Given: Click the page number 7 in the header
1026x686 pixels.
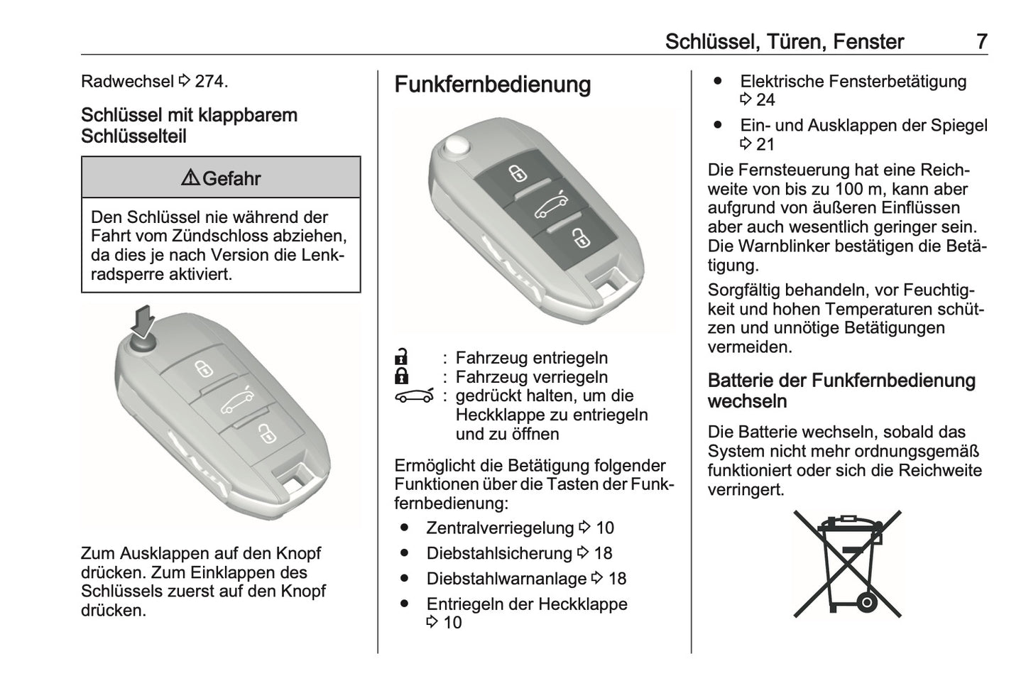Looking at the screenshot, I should point(981,41).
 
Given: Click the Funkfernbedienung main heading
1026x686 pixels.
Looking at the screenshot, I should point(492,85).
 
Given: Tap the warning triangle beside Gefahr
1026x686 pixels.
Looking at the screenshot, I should point(190,178).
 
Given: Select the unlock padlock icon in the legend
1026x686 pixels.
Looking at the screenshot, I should point(402,356).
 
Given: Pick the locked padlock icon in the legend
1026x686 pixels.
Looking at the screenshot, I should point(402,376).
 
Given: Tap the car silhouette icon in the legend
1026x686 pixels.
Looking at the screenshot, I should point(414,396).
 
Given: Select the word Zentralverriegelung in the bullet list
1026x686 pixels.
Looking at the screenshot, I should point(499,528).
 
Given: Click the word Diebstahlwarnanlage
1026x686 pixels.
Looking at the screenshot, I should point(506,579).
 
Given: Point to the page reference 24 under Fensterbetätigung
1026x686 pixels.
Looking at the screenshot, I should point(765,100).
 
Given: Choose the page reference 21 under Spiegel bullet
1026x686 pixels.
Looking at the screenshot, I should point(765,145).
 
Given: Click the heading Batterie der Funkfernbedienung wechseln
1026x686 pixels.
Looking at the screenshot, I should point(841,391).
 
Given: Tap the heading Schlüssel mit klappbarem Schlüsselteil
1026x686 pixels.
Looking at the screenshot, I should point(189,125).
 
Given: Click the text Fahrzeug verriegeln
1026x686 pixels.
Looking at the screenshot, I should point(531,376).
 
